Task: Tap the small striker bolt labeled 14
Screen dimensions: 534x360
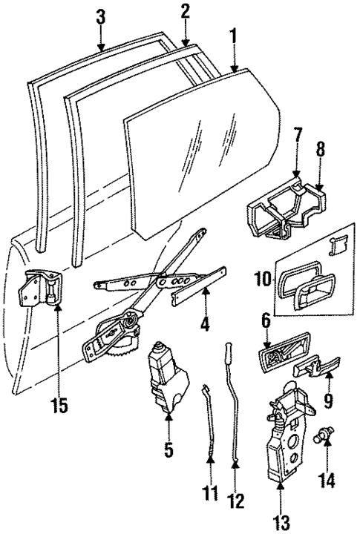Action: point(324,438)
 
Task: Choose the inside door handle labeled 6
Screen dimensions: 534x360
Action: point(281,355)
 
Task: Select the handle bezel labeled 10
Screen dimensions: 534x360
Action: point(304,286)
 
